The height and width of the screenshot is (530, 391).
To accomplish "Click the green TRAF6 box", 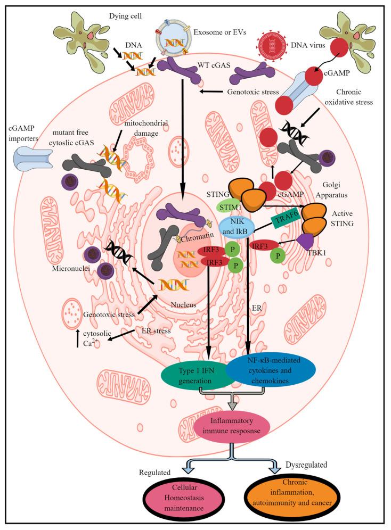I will click(x=286, y=217).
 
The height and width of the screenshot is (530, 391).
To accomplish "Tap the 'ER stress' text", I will click(x=154, y=330).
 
